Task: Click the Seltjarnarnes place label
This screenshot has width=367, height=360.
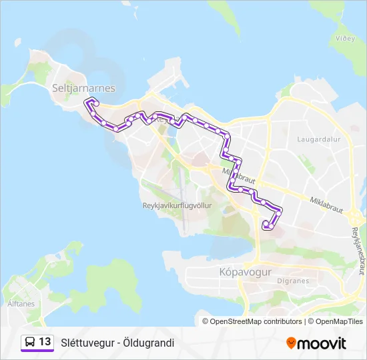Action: point(83,88)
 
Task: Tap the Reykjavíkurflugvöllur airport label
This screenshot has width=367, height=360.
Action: point(177,206)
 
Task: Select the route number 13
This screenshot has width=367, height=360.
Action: point(45,342)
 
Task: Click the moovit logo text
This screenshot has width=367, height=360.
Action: point(322,343)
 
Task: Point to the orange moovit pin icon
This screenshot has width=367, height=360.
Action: point(290,343)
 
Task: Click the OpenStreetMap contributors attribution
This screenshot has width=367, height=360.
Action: point(256,321)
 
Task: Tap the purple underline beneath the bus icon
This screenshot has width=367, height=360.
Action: point(37,352)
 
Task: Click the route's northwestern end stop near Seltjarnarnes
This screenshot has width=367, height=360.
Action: point(96,103)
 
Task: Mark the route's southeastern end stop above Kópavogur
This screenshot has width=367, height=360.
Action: point(266,226)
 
